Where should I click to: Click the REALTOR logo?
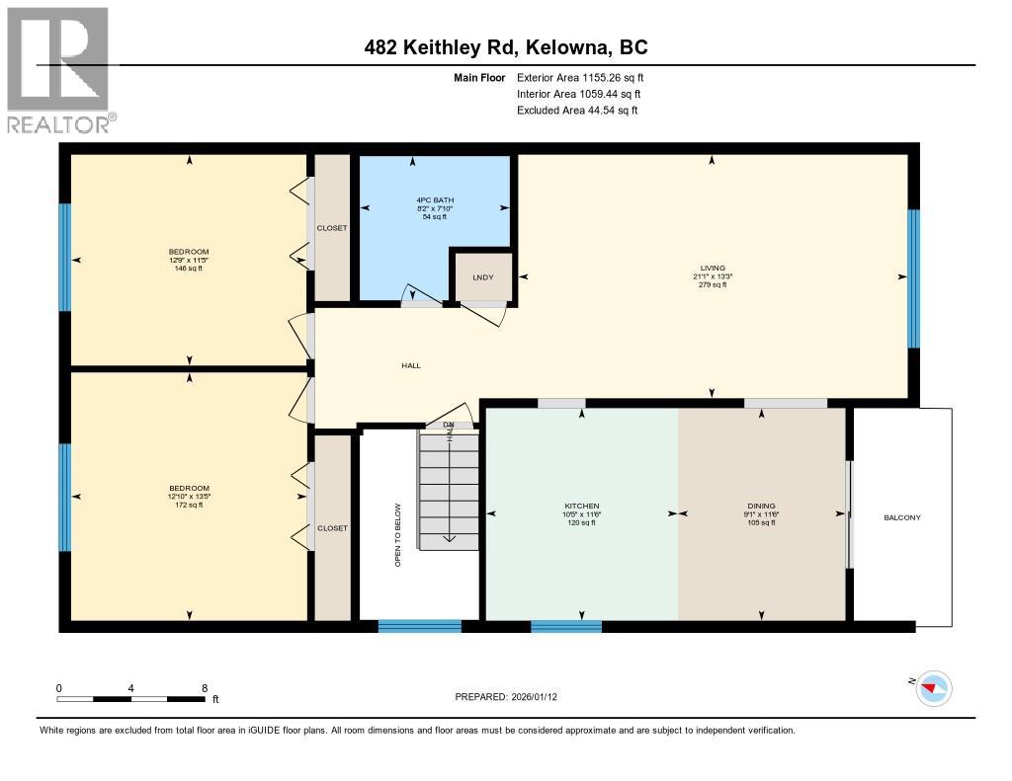click(x=59, y=69)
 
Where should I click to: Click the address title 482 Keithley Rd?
click(x=505, y=47)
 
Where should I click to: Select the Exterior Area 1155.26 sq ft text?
click(x=582, y=77)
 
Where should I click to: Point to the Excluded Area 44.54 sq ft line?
click(x=577, y=111)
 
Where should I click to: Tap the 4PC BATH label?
click(x=436, y=200)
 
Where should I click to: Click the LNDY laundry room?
click(x=483, y=277)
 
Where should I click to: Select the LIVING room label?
click(x=712, y=268)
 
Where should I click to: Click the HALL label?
click(x=411, y=365)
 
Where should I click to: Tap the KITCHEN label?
click(x=581, y=506)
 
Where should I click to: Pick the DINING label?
click(x=761, y=506)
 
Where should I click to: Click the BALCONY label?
click(x=901, y=517)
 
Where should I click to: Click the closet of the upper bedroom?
click(x=332, y=228)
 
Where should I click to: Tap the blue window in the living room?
click(x=914, y=278)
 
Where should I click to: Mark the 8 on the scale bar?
click(x=204, y=688)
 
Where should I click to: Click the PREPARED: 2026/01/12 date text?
click(x=506, y=697)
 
